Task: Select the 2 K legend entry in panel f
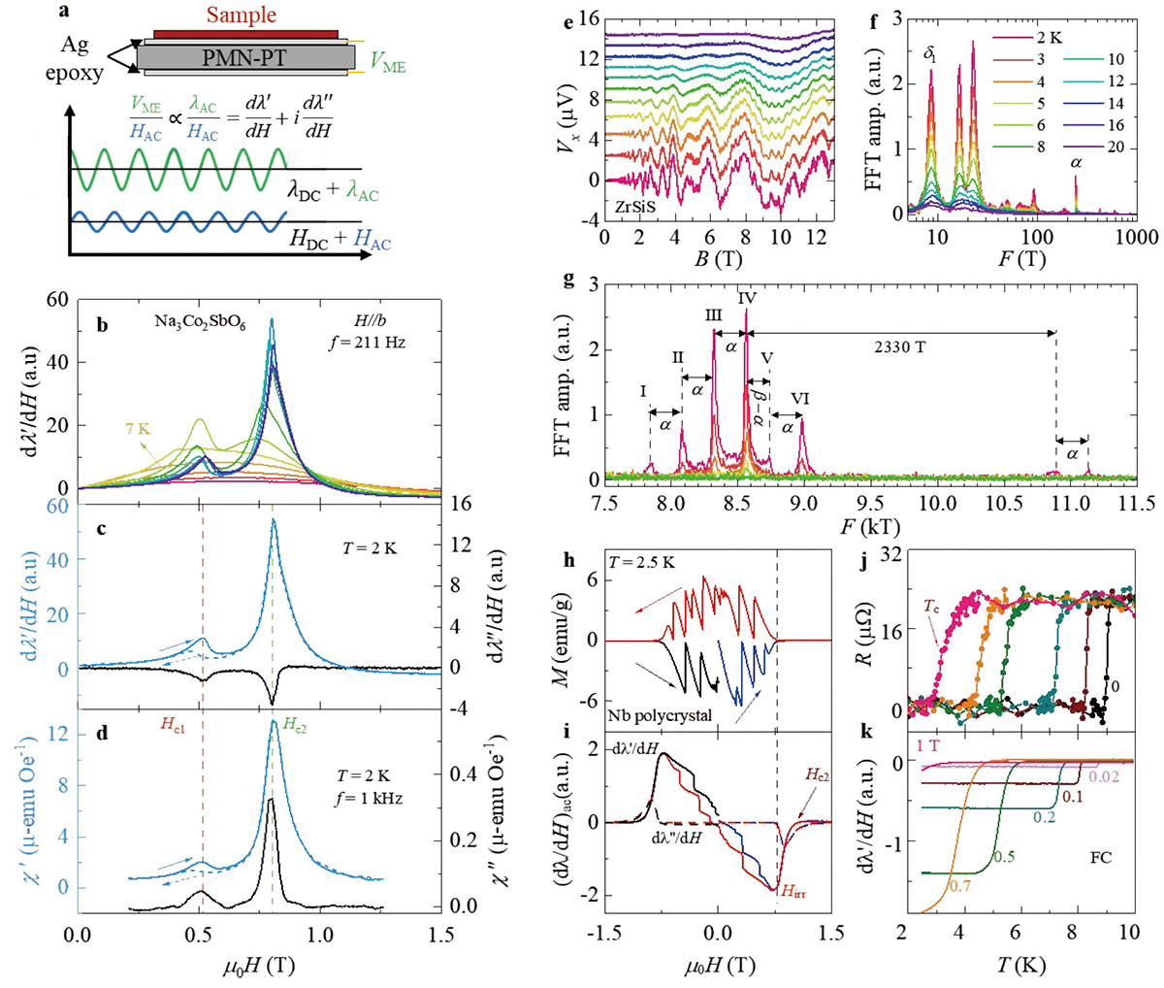(x=1022, y=41)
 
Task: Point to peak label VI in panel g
(x=800, y=399)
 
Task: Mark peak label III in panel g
(x=713, y=315)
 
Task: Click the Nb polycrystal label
(x=661, y=716)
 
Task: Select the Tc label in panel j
(x=931, y=607)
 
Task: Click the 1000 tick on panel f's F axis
(x=1136, y=236)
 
